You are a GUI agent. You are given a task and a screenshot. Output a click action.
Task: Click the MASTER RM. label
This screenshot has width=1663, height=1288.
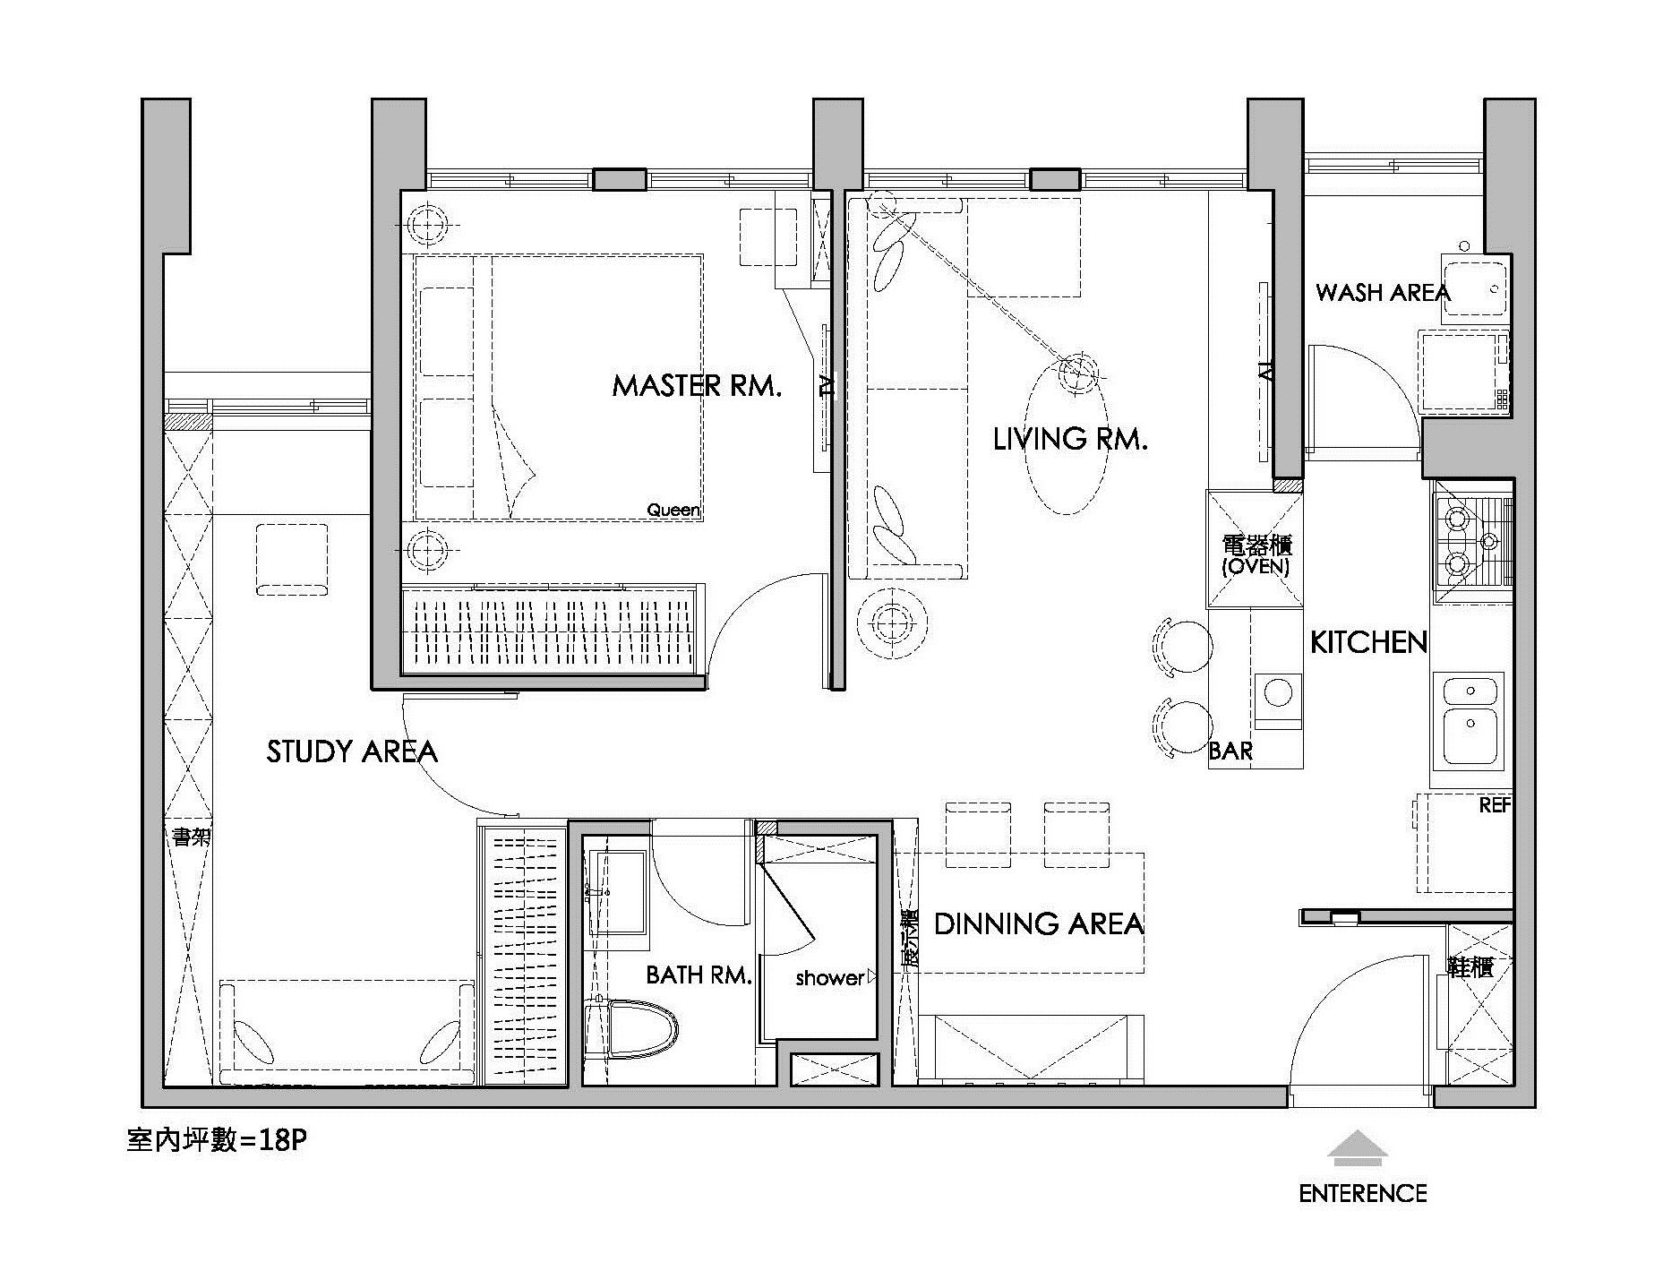(x=697, y=386)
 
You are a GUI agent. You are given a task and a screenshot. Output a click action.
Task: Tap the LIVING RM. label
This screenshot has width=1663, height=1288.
(x=1070, y=439)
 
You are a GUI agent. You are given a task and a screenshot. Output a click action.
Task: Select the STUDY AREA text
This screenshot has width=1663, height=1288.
(x=352, y=751)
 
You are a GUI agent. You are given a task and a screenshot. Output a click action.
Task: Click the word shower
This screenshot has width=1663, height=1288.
(x=829, y=978)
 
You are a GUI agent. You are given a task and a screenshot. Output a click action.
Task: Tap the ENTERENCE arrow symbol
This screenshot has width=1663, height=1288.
(x=1357, y=1148)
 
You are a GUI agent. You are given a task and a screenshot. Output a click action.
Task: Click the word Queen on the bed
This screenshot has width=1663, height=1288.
(x=673, y=510)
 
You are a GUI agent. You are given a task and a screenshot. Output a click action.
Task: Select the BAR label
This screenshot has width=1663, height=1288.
(x=1230, y=751)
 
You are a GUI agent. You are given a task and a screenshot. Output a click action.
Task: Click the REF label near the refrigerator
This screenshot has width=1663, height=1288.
(x=1495, y=805)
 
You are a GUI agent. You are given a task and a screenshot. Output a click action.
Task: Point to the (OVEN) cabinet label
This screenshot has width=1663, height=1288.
(x=1256, y=567)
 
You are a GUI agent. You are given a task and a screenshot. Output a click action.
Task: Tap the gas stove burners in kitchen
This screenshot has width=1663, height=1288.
(x=1457, y=541)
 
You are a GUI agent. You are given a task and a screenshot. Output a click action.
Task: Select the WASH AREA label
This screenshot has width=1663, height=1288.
(x=1382, y=292)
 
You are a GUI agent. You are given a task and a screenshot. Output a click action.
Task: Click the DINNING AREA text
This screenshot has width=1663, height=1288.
(x=1039, y=923)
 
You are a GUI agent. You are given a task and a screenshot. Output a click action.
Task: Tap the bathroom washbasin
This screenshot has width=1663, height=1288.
(x=618, y=893)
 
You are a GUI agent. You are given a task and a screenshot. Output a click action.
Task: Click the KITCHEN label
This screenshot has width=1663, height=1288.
(x=1368, y=642)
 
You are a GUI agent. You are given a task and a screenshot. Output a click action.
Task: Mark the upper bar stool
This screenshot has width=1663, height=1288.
(x=1183, y=646)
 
